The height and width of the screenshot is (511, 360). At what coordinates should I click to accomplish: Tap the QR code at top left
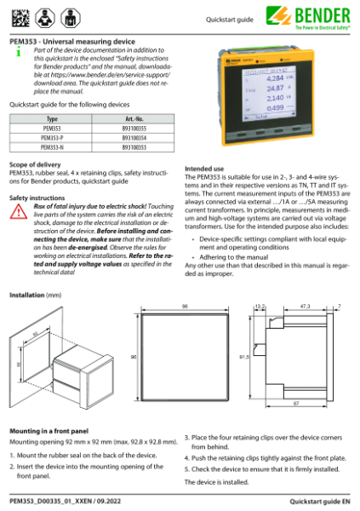18,14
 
